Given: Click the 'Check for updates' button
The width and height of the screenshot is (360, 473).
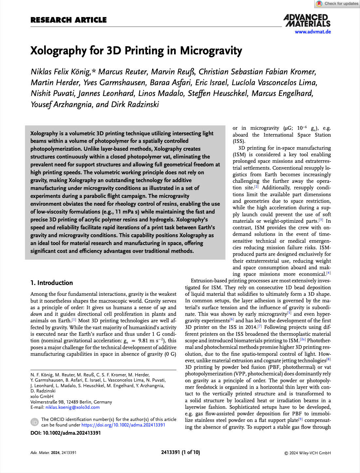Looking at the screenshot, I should [x=337, y=4].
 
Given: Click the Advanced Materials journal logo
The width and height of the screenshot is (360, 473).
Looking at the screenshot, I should [x=307, y=20].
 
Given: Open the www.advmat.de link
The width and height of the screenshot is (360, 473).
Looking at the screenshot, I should [x=313, y=32].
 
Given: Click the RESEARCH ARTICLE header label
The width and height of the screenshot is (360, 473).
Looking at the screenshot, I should [x=68, y=20].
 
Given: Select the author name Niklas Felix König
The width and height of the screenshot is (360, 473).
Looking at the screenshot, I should [x=61, y=72].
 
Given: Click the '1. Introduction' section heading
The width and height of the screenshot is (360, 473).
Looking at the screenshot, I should [x=52, y=283].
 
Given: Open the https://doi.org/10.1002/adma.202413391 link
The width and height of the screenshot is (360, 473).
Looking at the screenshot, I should [x=123, y=425].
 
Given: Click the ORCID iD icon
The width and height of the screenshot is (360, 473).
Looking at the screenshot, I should [x=35, y=422].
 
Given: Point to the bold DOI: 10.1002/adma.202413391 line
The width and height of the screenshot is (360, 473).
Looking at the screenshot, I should [x=65, y=433].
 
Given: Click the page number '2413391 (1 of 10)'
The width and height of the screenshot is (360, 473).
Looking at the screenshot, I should [x=180, y=452].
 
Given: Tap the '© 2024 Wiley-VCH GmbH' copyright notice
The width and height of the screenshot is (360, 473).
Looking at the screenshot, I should [x=307, y=453].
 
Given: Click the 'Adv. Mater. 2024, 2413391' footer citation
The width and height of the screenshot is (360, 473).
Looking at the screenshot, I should [x=53, y=453].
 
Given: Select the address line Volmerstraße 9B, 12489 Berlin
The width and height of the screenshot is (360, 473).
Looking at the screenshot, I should [x=71, y=402].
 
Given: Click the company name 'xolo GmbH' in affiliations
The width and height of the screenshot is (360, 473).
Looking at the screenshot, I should [x=42, y=396].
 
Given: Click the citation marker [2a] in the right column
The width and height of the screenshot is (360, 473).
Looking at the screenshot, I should [x=303, y=340].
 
